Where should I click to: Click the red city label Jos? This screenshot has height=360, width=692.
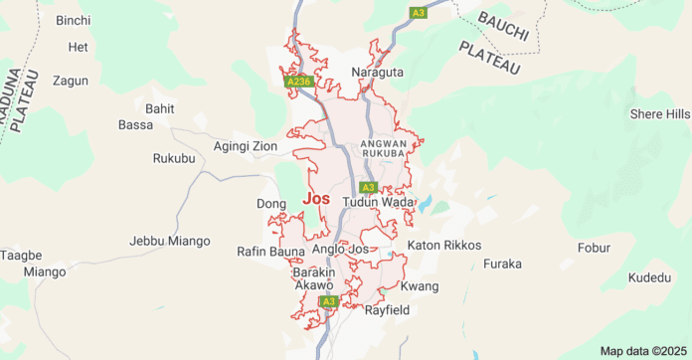coord(314,199)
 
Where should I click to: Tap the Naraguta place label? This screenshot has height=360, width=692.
coord(377,73)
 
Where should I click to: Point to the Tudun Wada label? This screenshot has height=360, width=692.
coord(377,202)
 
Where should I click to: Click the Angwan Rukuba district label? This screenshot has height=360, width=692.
coord(383,148)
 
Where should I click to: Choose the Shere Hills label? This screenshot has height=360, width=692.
coord(659,114)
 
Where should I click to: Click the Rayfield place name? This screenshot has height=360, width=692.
coord(387,310)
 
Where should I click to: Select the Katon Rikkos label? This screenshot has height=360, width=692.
coord(443,245)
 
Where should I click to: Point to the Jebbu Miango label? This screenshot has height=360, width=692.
coord(170,241)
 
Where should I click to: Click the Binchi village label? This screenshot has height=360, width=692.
coord(73,20)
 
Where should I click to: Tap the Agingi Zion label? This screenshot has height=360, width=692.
coord(246,146)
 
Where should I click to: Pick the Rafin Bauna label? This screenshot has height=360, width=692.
coord(271,251)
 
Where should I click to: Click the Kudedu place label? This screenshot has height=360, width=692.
coord(650,277)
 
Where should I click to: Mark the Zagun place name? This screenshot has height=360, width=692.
coord(71,81)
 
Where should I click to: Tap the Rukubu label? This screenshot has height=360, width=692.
coord(175,158)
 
